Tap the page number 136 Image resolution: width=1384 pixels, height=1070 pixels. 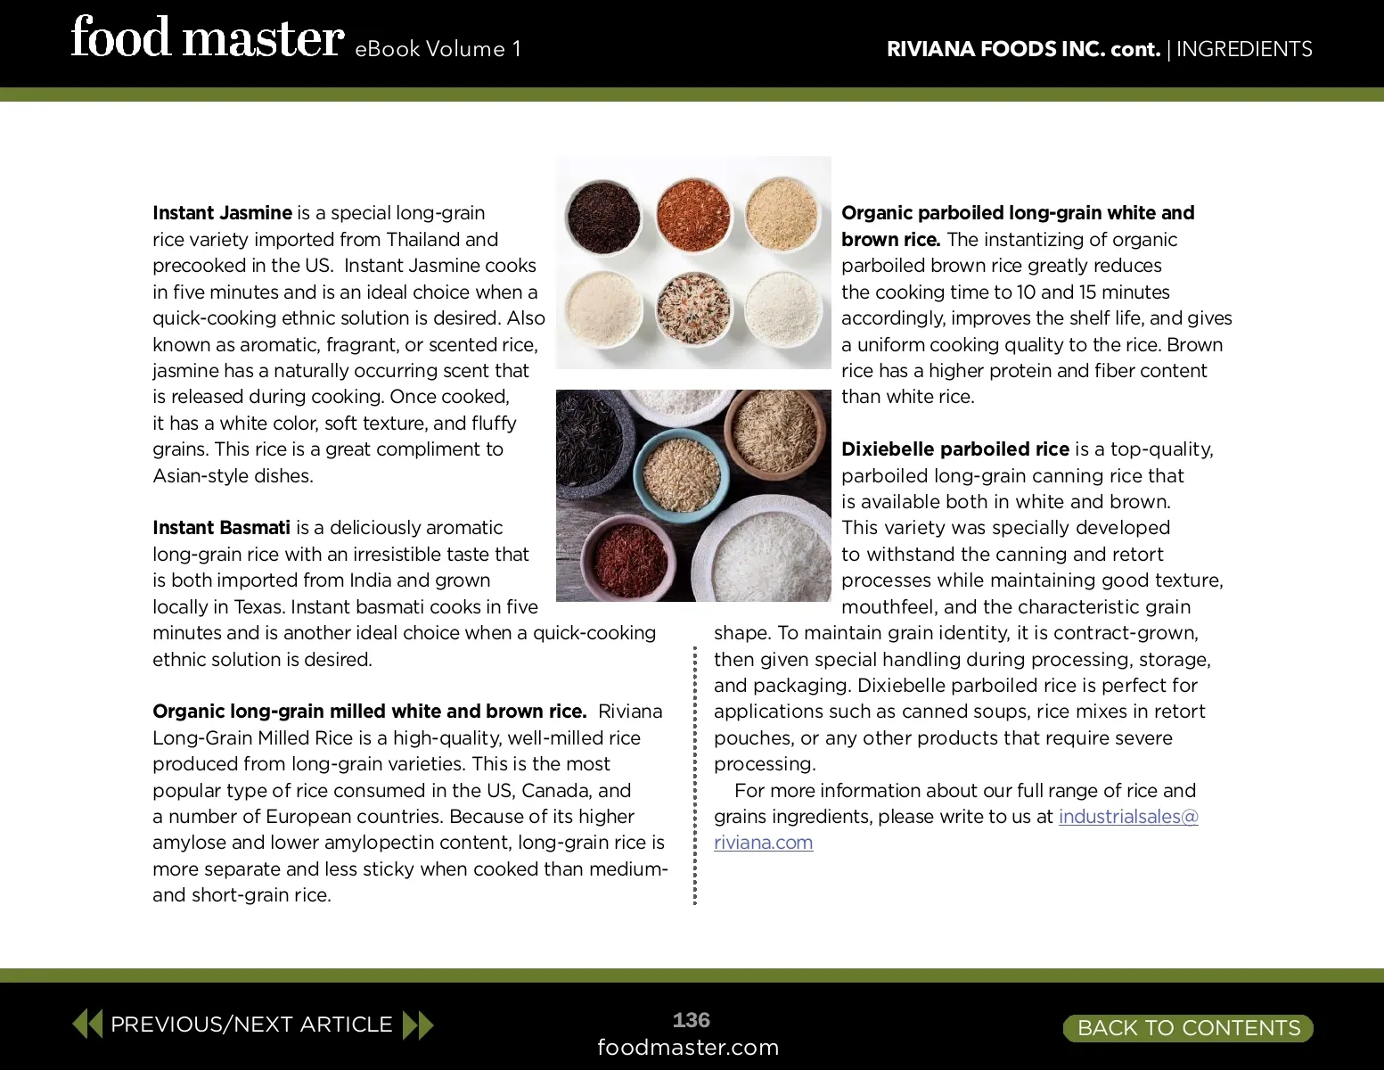(691, 1020)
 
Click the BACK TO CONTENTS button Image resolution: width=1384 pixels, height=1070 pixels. (1188, 1028)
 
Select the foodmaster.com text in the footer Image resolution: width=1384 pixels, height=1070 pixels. (688, 1048)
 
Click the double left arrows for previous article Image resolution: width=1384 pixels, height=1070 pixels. (87, 1025)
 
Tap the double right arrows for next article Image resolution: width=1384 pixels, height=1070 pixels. (419, 1025)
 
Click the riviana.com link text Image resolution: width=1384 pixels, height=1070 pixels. (763, 843)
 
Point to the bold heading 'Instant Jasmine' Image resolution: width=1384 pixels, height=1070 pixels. (222, 213)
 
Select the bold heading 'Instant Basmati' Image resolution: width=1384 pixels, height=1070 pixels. (221, 528)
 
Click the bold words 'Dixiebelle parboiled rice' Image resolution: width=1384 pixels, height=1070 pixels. (955, 449)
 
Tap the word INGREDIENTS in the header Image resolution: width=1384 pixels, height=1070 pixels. (1244, 49)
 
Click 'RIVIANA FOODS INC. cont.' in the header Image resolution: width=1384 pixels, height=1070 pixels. (1023, 49)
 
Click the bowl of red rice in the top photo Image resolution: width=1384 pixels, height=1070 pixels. (693, 215)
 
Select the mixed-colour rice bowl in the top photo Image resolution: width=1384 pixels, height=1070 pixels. (694, 309)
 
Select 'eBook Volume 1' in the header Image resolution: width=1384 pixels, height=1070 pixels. (438, 49)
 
